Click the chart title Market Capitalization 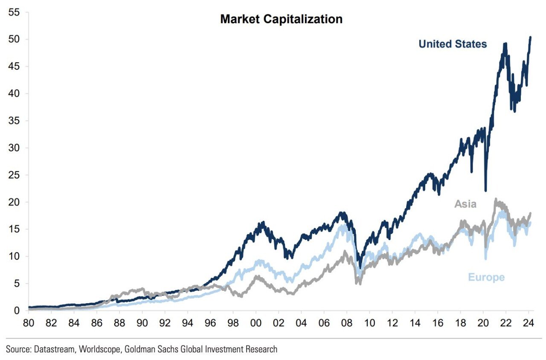pyautogui.click(x=281, y=19)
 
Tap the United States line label pyautogui.click(x=453, y=44)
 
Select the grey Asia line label pyautogui.click(x=465, y=204)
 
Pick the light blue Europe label pyautogui.click(x=486, y=277)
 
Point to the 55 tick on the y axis pyautogui.click(x=14, y=12)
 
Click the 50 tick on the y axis pyautogui.click(x=14, y=39)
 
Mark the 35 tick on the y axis pyautogui.click(x=14, y=121)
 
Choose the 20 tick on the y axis pyautogui.click(x=14, y=202)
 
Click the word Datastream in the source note pyautogui.click(x=49, y=349)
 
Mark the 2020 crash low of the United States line pyautogui.click(x=485, y=190)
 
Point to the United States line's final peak pyautogui.click(x=530, y=37)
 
